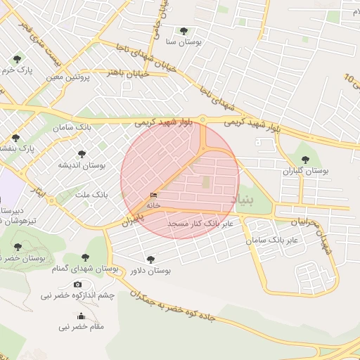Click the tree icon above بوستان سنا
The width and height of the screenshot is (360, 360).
tap(184, 31)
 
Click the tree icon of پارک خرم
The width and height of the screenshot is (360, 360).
tap(17, 58)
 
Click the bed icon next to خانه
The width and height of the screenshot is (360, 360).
tap(153, 195)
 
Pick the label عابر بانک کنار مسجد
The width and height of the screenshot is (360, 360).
tap(204, 224)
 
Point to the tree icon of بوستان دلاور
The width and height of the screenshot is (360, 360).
tap(150, 259)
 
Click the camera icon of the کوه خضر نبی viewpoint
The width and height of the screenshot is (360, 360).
tap(77, 284)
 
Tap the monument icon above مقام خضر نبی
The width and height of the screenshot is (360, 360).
tap(82, 316)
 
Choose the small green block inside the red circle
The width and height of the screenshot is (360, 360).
tap(206, 182)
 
